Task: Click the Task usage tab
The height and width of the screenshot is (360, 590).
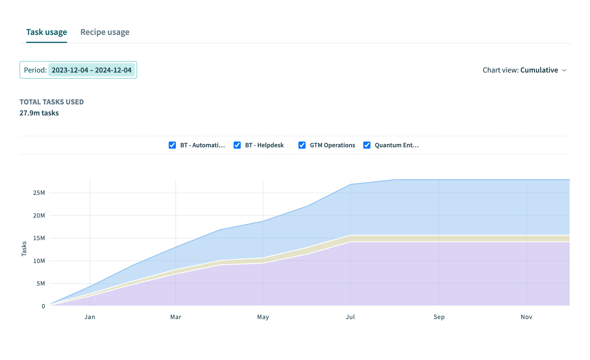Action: pos(46,32)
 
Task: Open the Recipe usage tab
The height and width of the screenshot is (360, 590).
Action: pos(105,32)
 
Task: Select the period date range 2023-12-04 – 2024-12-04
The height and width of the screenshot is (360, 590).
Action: pos(92,70)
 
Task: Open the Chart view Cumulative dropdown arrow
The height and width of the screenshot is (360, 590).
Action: pos(564,70)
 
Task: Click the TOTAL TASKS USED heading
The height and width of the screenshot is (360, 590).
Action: pos(52,102)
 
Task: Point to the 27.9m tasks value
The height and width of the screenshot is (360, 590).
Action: pos(39,113)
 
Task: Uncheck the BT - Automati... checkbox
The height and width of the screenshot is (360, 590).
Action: pos(172,145)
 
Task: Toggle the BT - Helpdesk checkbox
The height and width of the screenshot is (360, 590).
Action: pos(237,145)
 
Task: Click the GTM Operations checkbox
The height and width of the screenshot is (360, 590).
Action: pos(302,145)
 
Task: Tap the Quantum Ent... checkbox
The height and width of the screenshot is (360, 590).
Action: pos(367,145)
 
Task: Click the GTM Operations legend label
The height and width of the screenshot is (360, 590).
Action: pos(332,145)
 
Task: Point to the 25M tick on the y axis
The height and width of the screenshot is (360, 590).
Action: pos(39,193)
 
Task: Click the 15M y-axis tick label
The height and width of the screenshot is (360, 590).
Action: pos(39,238)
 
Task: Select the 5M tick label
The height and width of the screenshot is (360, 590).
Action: pos(41,284)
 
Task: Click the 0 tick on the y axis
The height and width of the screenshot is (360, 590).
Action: pos(43,306)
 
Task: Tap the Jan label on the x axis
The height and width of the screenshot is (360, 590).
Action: pos(90,317)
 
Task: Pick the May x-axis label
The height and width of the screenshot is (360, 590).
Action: pos(263,317)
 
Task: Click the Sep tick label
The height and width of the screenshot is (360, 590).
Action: pos(439,317)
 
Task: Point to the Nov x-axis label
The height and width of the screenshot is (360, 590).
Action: pos(526,317)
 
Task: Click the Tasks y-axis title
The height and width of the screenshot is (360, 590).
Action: pos(24,249)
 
